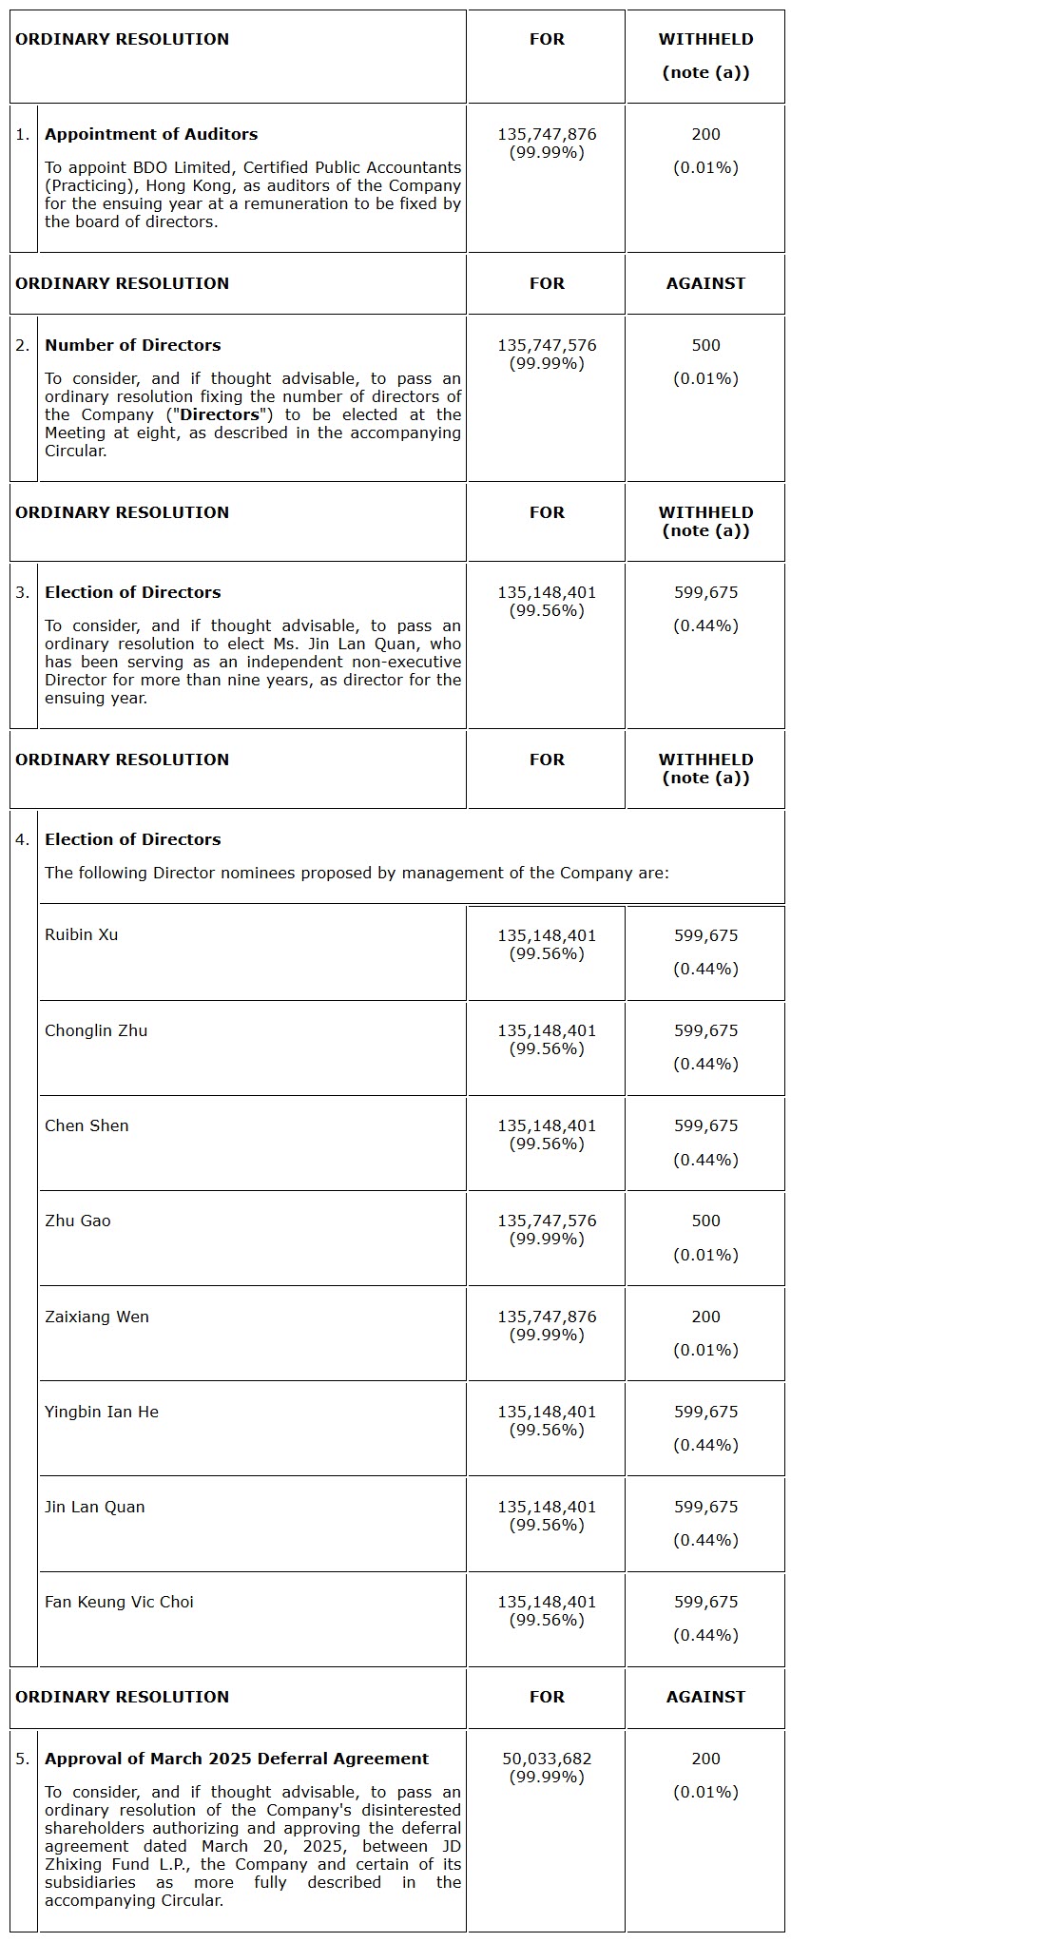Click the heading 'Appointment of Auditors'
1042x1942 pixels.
151,134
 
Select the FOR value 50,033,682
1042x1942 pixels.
547,1759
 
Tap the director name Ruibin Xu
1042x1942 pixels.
82,934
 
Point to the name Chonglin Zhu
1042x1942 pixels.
96,1030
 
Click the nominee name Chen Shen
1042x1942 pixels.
87,1125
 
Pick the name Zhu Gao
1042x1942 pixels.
78,1221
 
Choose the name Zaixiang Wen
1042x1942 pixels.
97,1317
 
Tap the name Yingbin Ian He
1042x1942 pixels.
102,1412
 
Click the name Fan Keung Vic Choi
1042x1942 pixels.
119,1602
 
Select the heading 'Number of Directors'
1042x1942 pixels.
133,345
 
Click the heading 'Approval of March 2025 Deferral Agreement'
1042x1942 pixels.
237,1759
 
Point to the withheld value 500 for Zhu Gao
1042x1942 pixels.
705,1221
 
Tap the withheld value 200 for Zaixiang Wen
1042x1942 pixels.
705,1317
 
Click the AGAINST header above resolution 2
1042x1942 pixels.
705,283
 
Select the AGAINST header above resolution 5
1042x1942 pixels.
705,1697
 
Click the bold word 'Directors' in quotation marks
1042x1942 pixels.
220,414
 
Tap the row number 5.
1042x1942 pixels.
23,1759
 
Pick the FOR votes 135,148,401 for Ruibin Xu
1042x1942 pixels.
547,935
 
